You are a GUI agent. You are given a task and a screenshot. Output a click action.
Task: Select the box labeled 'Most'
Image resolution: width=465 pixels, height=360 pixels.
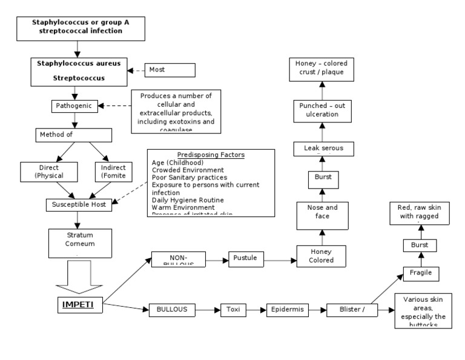[170, 70]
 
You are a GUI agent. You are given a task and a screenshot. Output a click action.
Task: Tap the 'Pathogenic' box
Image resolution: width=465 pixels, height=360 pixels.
[74, 106]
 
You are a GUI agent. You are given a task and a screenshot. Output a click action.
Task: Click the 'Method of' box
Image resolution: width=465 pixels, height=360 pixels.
[74, 135]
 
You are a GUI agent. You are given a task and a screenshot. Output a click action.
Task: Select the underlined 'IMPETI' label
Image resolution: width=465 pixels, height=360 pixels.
[79, 303]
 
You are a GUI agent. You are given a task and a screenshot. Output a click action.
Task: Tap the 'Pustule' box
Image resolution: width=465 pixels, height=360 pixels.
[245, 259]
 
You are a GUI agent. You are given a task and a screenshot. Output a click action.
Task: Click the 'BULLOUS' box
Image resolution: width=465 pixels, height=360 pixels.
[174, 310]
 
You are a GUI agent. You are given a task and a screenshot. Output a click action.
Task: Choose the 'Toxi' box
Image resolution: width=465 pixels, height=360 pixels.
[234, 310]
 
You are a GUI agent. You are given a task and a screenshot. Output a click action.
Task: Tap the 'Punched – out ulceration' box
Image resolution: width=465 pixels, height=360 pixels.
[322, 110]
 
